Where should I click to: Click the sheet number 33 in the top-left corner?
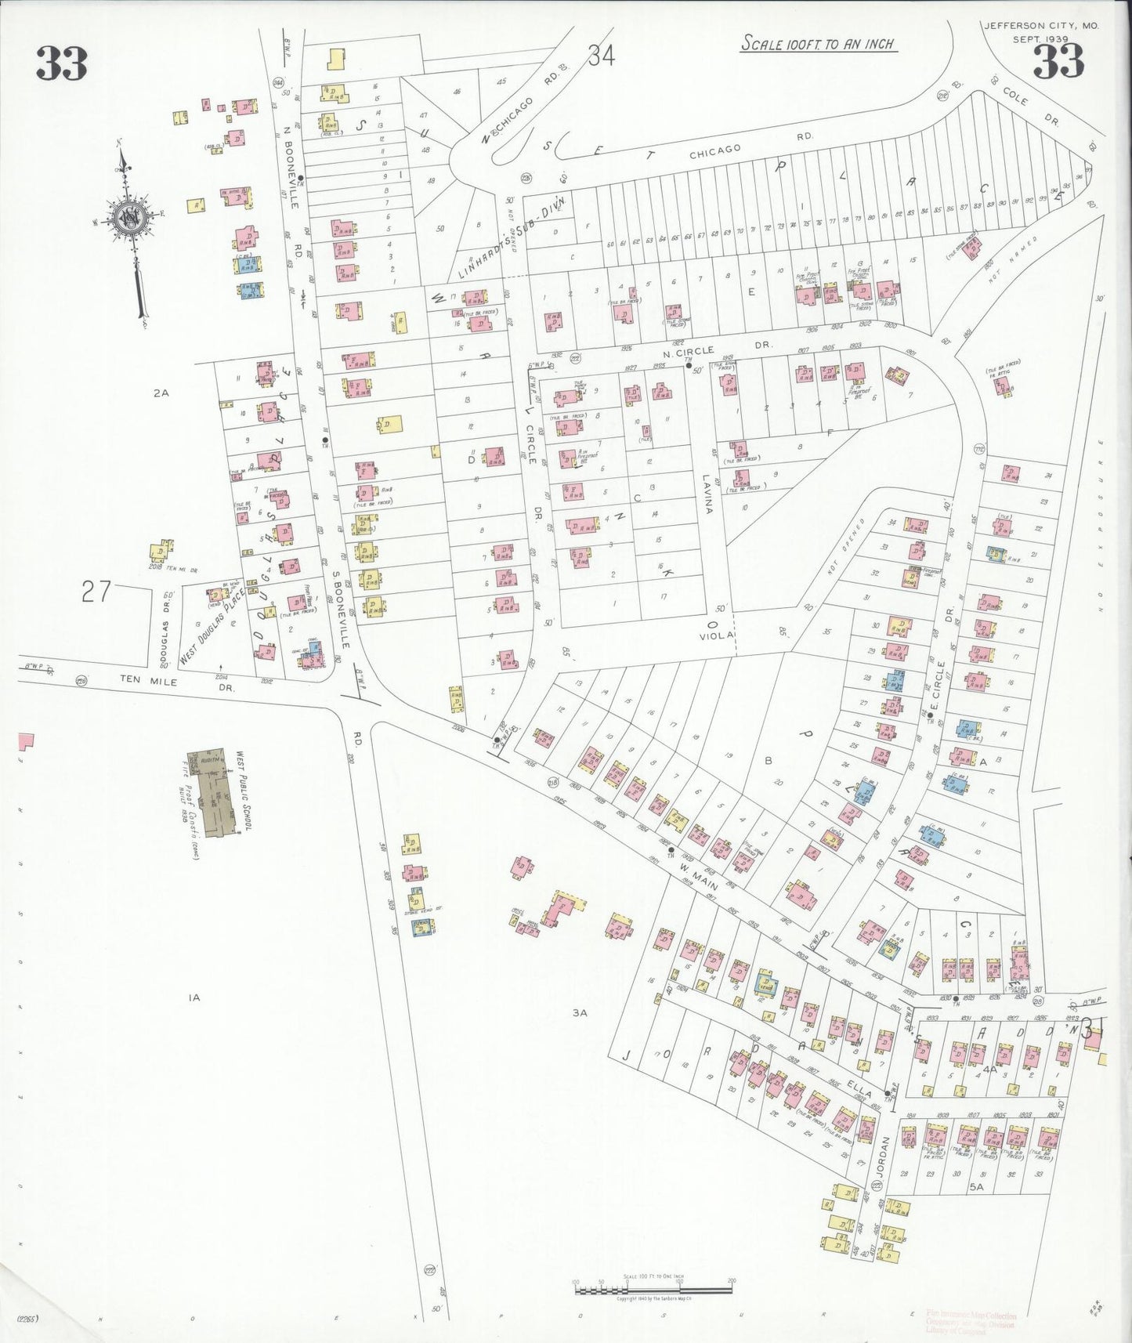(61, 63)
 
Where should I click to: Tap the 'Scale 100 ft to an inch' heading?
(818, 43)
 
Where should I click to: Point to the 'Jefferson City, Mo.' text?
(1041, 26)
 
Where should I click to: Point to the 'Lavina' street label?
(706, 494)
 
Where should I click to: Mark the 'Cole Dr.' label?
(1030, 105)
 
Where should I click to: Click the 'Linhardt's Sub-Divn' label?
(511, 237)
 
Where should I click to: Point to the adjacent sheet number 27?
(96, 591)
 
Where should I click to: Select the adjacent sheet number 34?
(602, 56)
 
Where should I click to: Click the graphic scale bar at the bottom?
(653, 1287)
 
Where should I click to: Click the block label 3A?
(579, 1012)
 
